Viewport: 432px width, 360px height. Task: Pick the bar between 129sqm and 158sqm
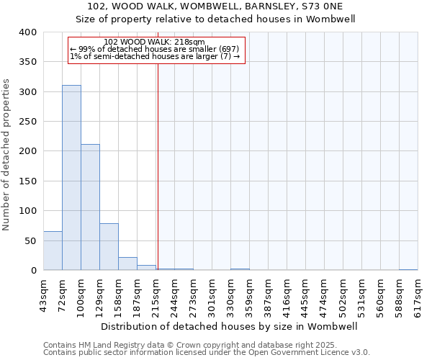[109, 247]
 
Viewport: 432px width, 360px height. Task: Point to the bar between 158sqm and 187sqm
[127, 264]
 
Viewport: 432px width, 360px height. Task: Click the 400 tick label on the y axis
[28, 32]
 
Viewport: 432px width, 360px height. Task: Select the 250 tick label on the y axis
[28, 122]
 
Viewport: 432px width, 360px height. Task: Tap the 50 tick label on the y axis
[31, 240]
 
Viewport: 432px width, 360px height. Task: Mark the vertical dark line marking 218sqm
[158, 166]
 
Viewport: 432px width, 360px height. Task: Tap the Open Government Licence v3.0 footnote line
[207, 352]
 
